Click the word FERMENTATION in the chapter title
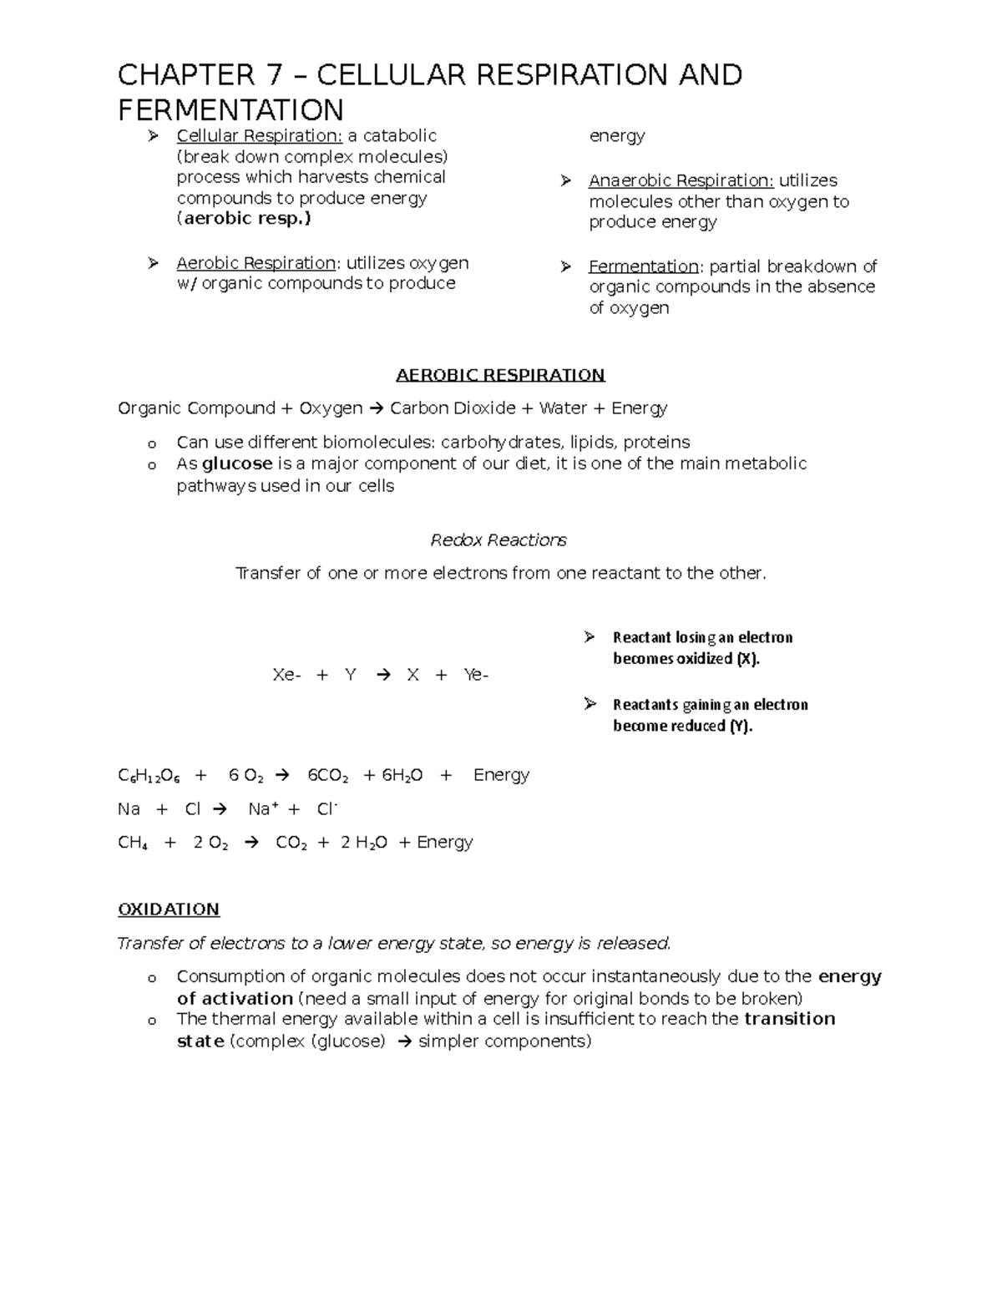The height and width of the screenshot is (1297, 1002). point(230,110)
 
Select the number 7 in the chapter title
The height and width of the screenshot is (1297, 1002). point(274,75)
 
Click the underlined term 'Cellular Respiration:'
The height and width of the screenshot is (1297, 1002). point(259,136)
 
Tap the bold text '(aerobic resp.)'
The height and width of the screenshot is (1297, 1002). point(244,219)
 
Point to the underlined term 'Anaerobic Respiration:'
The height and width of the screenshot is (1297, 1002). point(681,181)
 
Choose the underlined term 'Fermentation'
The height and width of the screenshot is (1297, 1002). point(643,266)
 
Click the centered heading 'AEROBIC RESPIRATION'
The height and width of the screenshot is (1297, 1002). point(500,375)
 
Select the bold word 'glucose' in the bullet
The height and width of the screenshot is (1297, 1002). point(237,464)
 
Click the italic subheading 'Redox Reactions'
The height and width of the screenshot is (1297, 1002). point(498,540)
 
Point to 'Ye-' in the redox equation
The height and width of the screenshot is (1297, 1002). point(475,675)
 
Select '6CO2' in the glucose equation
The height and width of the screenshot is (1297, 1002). point(328,776)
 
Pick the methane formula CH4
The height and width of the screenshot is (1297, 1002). point(133,843)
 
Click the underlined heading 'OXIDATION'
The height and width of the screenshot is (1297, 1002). point(169,909)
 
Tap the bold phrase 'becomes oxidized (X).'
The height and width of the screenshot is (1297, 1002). point(686,659)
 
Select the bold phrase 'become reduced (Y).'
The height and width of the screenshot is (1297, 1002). point(682,726)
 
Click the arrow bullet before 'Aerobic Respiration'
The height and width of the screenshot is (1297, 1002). point(153,264)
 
